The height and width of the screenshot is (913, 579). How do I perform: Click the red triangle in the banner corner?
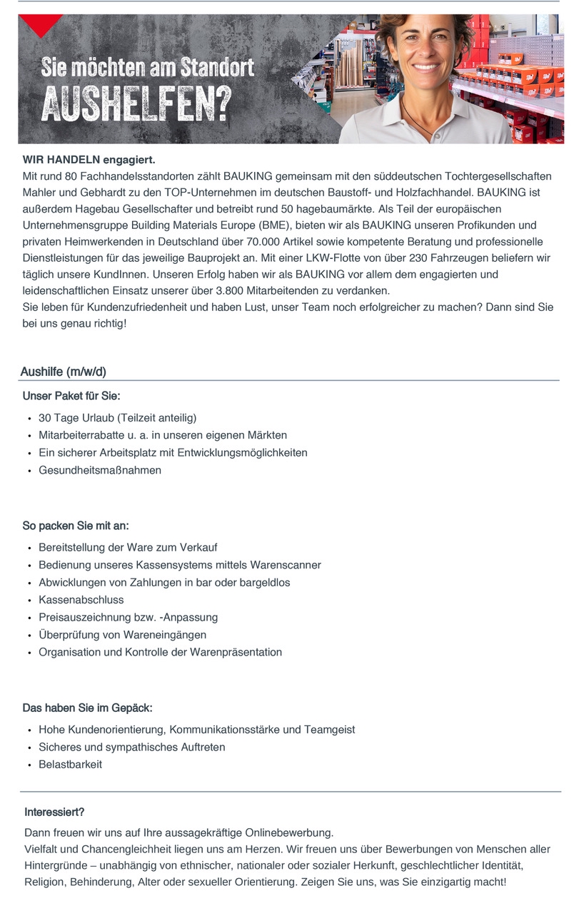coord(41,24)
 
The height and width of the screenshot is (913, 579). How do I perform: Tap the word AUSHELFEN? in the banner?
coord(136,105)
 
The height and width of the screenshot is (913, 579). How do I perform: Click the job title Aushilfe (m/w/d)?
coord(64,372)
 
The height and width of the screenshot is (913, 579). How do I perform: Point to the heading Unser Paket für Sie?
coord(71,396)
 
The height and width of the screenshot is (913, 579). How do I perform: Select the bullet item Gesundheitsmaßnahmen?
coord(100,471)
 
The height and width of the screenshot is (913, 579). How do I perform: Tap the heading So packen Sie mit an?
coord(76,526)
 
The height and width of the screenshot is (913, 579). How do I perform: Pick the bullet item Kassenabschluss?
coord(81,600)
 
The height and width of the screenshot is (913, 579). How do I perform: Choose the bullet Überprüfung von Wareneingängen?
coord(123,635)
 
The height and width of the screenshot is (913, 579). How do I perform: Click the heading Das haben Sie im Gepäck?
coord(87,708)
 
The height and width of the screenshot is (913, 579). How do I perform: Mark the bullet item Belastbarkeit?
coord(71,765)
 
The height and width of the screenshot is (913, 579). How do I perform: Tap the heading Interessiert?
coord(54,812)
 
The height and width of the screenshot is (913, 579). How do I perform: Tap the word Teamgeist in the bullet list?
coord(329,730)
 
